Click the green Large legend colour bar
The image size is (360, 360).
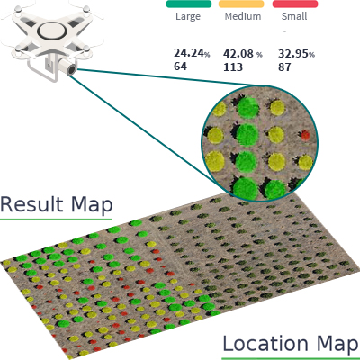[x=189, y=4]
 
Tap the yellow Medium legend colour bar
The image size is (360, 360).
[x=241, y=4]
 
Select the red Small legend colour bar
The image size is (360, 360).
[x=295, y=4]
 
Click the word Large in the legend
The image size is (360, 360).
[x=188, y=16]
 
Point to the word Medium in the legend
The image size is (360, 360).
[x=243, y=16]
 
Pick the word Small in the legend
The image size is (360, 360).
[x=294, y=16]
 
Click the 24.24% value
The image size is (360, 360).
[x=192, y=53]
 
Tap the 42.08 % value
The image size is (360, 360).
[x=243, y=54]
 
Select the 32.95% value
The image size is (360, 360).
[x=296, y=54]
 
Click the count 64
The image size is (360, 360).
[x=180, y=67]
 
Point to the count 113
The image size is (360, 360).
[x=233, y=67]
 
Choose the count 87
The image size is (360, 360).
[x=284, y=67]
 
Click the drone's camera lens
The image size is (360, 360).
[x=72, y=69]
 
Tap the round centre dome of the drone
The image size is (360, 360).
[x=52, y=31]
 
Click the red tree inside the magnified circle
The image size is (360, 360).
[x=305, y=135]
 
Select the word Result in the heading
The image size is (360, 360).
[x=31, y=204]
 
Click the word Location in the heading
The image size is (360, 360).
[x=265, y=344]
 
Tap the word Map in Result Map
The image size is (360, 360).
[x=92, y=206]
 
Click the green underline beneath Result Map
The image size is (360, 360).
[x=56, y=220]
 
